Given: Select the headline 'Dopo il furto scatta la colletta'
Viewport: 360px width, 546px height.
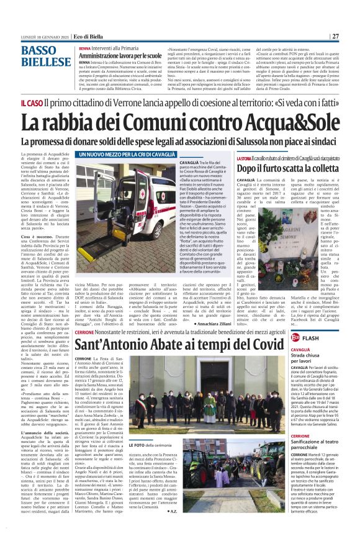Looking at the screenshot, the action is tap(290, 168).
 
